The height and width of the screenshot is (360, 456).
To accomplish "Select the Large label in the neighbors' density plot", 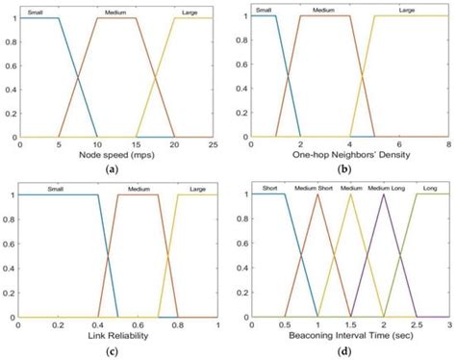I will click(x=407, y=11).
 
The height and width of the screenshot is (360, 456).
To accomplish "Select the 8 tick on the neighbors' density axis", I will click(x=447, y=143).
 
